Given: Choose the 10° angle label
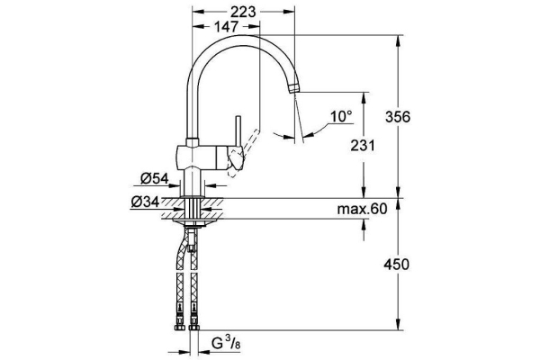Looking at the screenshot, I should [x=340, y=116].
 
